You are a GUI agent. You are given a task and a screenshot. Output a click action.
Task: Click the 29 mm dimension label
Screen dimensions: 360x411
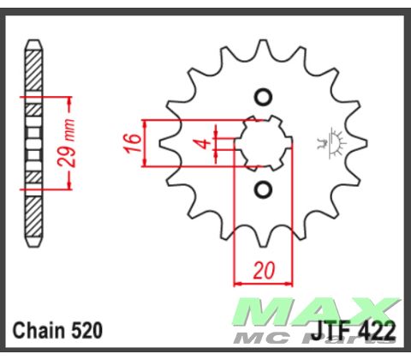74,143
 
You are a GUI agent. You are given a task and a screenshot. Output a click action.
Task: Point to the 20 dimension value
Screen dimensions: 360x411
264,271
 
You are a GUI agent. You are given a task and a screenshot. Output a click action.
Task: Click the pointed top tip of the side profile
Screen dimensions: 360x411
33,40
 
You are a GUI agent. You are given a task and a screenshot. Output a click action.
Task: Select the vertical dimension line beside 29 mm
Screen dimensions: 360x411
64,142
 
